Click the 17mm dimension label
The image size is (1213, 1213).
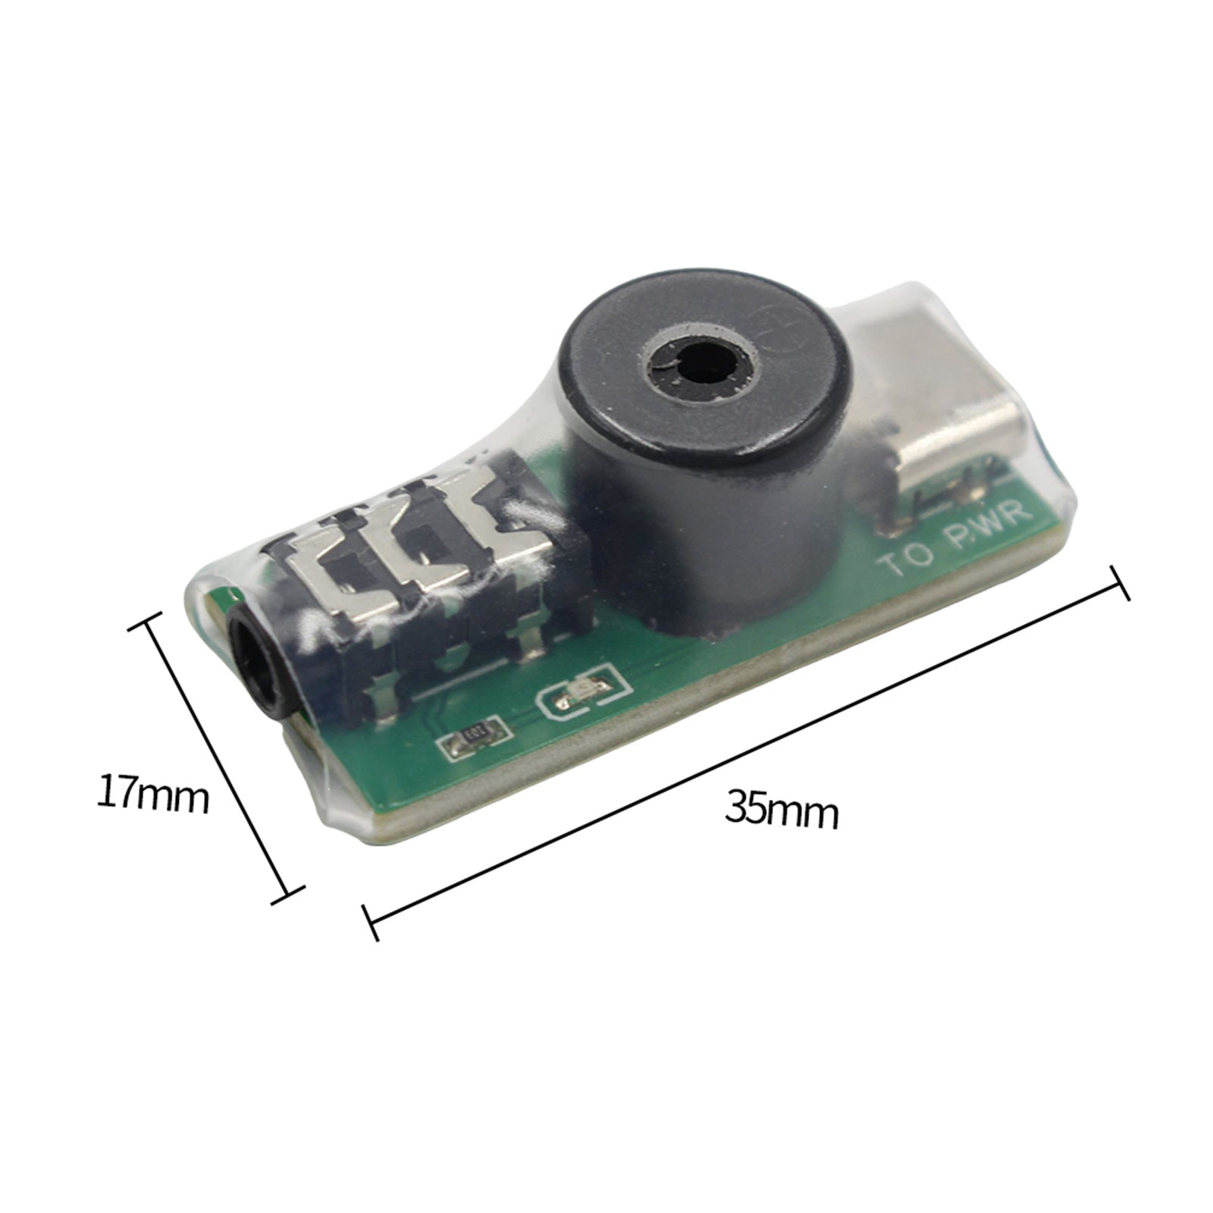pyautogui.click(x=152, y=793)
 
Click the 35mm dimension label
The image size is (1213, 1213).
pyautogui.click(x=782, y=810)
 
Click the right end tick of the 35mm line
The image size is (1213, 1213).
pyautogui.click(x=1120, y=582)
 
